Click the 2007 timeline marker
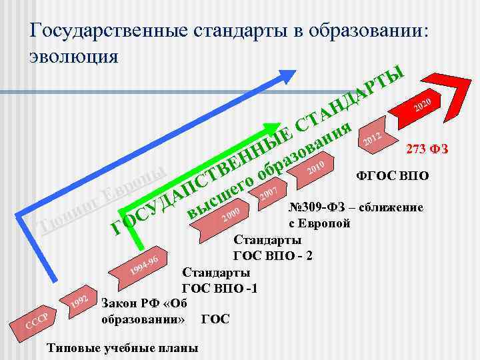pos(268,194)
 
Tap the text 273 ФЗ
pos(427,150)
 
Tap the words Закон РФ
pos(131,304)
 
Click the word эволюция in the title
pos(74,55)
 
